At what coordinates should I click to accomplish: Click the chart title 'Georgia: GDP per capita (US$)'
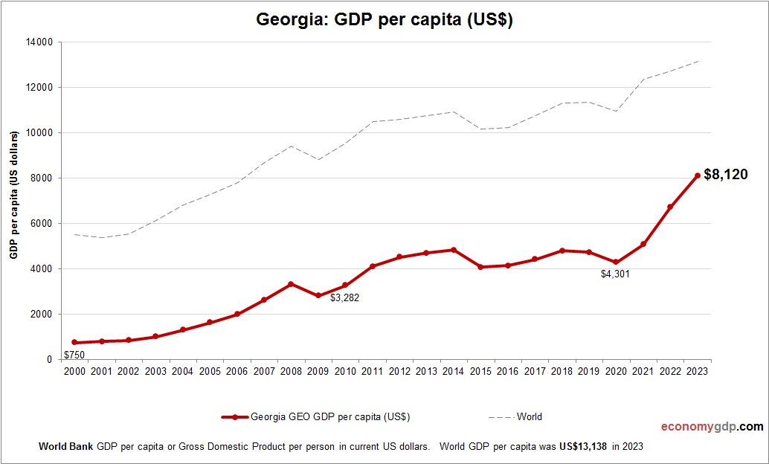384,20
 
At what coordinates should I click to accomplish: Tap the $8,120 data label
725,175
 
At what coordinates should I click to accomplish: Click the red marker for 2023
698,175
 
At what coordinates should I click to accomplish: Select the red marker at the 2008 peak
291,284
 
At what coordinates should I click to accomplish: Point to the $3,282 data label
344,297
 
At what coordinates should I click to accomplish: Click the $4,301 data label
615,274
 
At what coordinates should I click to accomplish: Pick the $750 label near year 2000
74,355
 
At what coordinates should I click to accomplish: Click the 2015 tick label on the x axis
480,371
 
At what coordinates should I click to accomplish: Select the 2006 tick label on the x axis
237,371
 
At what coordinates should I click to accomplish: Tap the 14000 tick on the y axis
40,42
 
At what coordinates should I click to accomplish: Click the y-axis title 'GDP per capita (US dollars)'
13,196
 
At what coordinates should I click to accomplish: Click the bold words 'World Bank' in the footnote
65,447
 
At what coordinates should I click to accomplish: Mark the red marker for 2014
454,250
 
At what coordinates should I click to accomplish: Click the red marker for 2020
616,262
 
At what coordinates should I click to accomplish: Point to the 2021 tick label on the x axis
643,371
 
